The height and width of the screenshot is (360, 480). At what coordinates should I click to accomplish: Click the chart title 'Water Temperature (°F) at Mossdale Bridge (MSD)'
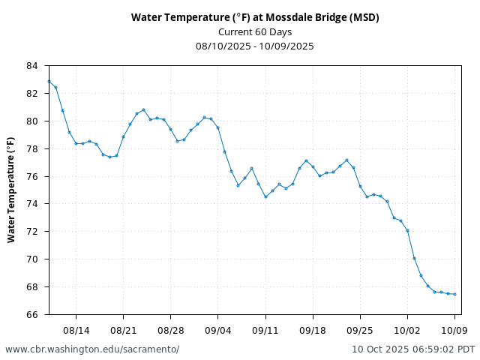(254, 17)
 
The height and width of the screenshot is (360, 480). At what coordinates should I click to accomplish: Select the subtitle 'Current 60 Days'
(254, 31)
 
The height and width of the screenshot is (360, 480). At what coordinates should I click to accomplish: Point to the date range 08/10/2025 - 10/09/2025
(254, 46)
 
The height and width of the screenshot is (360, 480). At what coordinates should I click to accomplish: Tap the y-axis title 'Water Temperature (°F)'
(11, 190)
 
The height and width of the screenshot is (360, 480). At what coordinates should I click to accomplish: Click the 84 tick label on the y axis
(31, 66)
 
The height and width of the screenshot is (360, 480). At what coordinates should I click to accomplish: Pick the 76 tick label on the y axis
(31, 176)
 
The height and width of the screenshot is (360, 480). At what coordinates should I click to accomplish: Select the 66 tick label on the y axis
(31, 314)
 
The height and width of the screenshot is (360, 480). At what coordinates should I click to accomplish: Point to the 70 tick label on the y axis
(31, 259)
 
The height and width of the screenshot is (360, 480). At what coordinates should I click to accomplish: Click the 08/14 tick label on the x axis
(76, 329)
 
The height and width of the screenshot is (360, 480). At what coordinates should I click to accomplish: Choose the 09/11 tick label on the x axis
(265, 329)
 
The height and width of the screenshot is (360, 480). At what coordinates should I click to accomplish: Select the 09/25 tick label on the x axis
(360, 329)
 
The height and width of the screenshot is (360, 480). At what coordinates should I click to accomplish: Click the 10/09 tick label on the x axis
(455, 329)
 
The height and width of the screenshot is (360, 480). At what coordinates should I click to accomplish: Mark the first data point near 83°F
(49, 81)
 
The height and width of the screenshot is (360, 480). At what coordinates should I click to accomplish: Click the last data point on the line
(455, 294)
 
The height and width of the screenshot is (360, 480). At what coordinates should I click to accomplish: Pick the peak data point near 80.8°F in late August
(143, 110)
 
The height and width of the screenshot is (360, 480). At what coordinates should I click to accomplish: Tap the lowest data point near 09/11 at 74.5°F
(265, 196)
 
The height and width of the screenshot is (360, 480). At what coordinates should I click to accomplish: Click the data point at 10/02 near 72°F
(407, 230)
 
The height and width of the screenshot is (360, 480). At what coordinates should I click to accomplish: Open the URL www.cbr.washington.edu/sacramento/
(92, 349)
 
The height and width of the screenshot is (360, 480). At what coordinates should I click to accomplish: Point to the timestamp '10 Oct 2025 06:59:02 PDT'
(413, 349)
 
